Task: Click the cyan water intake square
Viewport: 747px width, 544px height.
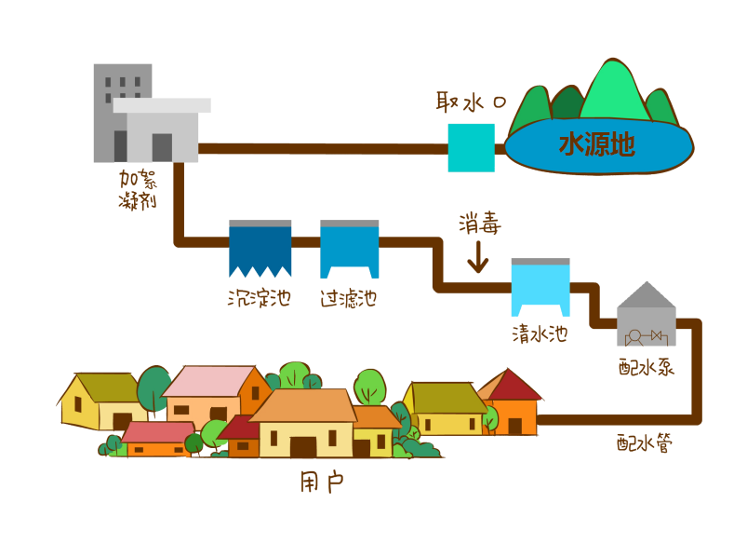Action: point(471,148)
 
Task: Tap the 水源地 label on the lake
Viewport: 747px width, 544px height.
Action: point(596,143)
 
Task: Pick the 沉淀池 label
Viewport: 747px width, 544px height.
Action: point(260,298)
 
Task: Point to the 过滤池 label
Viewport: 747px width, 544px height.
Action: point(349,298)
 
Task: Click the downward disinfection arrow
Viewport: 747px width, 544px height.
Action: point(478,256)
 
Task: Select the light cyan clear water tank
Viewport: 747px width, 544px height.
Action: point(540,288)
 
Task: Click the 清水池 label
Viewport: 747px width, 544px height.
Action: point(540,333)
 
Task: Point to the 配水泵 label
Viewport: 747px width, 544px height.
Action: point(647,366)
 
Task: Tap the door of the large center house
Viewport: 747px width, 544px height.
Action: point(303,446)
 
